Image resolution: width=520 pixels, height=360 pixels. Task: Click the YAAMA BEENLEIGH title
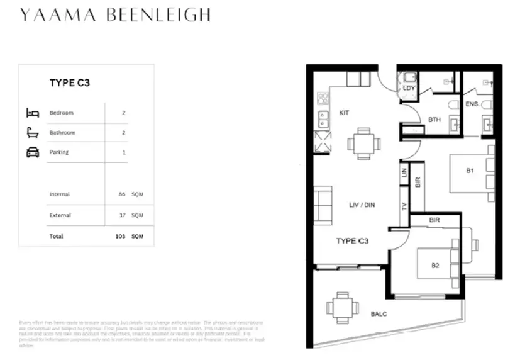point(115,15)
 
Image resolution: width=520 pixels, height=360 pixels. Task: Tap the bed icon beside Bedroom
point(33,113)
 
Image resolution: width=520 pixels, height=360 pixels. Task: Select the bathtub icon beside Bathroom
point(33,133)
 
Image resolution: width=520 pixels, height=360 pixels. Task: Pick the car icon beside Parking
point(33,152)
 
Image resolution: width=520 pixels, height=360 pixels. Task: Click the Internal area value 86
point(121,194)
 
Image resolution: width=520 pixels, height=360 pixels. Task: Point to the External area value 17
point(121,215)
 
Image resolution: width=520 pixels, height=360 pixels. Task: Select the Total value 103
point(120,237)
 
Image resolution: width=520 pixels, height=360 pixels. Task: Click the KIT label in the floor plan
point(344,113)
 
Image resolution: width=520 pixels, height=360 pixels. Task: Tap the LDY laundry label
point(409,88)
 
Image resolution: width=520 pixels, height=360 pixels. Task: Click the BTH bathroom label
point(434,120)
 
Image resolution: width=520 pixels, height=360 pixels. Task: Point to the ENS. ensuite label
point(472,103)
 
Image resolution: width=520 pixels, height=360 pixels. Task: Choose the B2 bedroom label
point(434,266)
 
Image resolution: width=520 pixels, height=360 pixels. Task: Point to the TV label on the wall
point(404,206)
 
